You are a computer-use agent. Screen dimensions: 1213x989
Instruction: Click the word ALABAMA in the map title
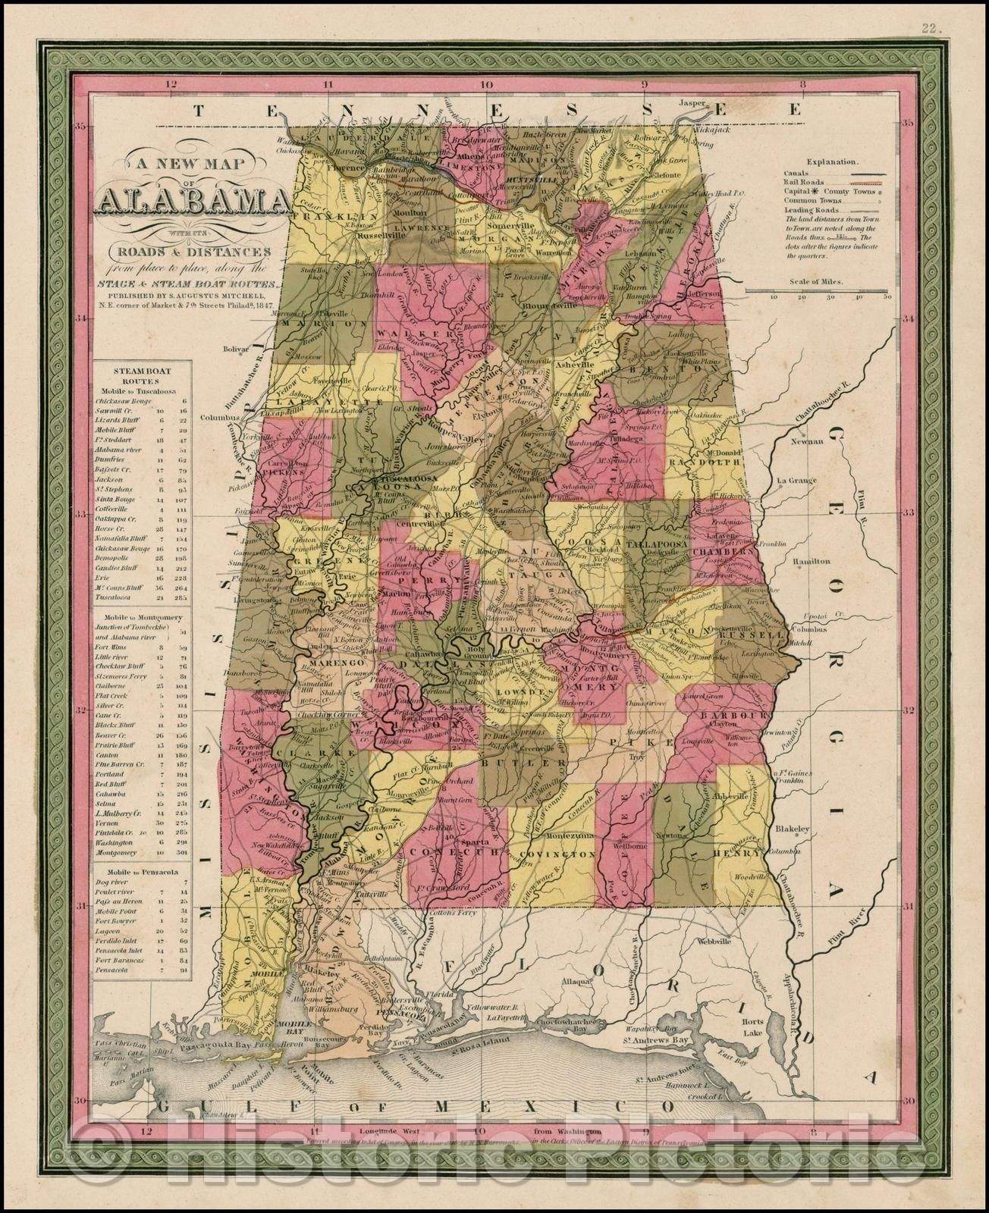187,203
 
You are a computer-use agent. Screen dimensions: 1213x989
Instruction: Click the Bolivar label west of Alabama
236,349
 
